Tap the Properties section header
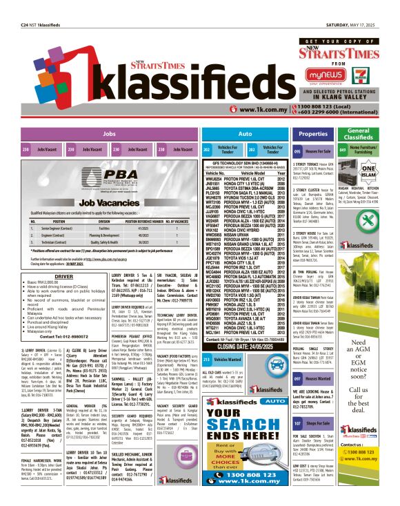(313, 134)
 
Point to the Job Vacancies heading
(108, 203)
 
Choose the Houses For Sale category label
(317, 150)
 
